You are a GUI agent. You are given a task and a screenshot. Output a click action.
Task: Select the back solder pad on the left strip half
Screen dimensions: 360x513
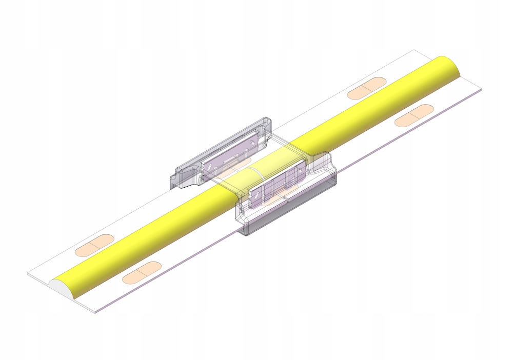tap(94, 245)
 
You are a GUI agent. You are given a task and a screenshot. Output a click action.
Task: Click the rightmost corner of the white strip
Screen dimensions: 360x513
tap(482, 89)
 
